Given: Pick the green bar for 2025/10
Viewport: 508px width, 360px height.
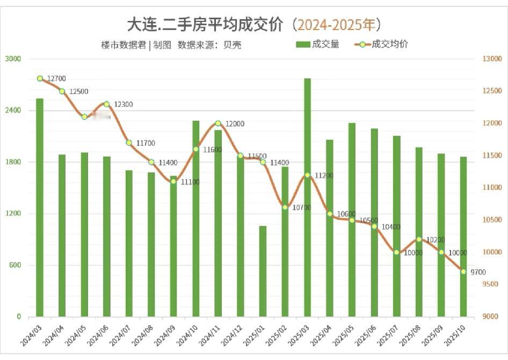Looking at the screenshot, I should click(x=463, y=237).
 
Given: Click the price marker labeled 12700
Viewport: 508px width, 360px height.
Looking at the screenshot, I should click(x=40, y=78).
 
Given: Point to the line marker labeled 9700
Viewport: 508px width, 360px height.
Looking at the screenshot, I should click(x=463, y=271).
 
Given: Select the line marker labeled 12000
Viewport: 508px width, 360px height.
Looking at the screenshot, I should click(x=218, y=123).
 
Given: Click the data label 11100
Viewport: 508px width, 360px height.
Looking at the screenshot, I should click(x=190, y=182).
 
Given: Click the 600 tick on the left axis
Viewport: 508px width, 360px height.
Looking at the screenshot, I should click(x=14, y=266).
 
